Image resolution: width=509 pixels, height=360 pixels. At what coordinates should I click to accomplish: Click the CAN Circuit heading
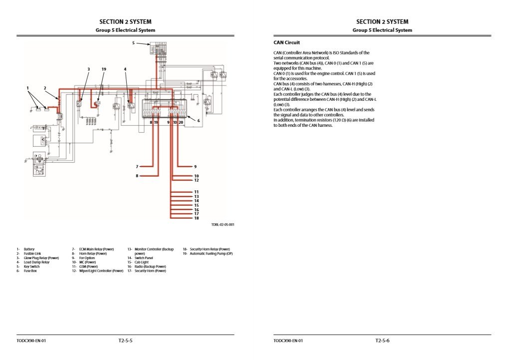[x=287, y=43]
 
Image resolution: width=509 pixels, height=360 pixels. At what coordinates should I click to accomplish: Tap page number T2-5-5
[x=125, y=341]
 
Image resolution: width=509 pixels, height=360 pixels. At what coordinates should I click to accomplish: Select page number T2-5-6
[x=382, y=341]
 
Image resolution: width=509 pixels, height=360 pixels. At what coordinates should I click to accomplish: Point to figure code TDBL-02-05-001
[x=223, y=225]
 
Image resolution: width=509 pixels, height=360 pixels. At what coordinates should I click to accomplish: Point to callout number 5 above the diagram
[x=134, y=43]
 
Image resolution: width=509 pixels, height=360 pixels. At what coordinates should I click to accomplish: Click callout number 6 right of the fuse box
[x=199, y=120]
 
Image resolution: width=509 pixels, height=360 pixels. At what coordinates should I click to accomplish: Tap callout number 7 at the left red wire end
[x=137, y=166]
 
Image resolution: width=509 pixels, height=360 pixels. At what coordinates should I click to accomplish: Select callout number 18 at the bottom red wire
[x=196, y=218]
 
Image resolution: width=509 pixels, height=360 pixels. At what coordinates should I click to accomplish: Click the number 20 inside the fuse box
[x=181, y=122]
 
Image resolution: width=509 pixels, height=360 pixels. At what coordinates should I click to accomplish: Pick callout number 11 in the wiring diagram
[x=196, y=192]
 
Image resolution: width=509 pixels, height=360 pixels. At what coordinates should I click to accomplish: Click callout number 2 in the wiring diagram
[x=45, y=88]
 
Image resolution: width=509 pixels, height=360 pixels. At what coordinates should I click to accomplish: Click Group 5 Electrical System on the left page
[x=125, y=30]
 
